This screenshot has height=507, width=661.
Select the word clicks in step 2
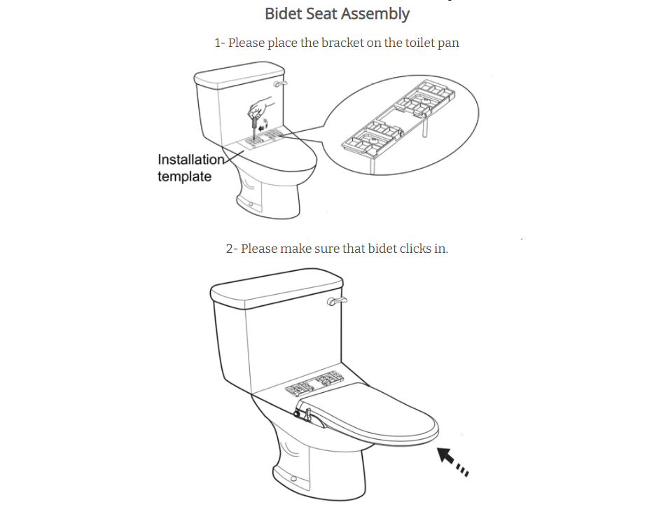click(415, 249)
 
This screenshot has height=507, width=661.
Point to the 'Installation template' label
click(191, 168)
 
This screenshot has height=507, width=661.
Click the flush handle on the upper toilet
click(279, 83)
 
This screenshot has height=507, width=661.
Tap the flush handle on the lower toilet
click(337, 301)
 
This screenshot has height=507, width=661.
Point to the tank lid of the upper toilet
click(239, 75)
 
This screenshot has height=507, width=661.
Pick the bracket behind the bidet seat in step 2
click(314, 384)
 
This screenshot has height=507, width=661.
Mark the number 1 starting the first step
click(218, 43)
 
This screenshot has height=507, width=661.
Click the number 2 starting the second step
click(230, 249)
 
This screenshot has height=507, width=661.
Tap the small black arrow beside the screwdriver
click(263, 126)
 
